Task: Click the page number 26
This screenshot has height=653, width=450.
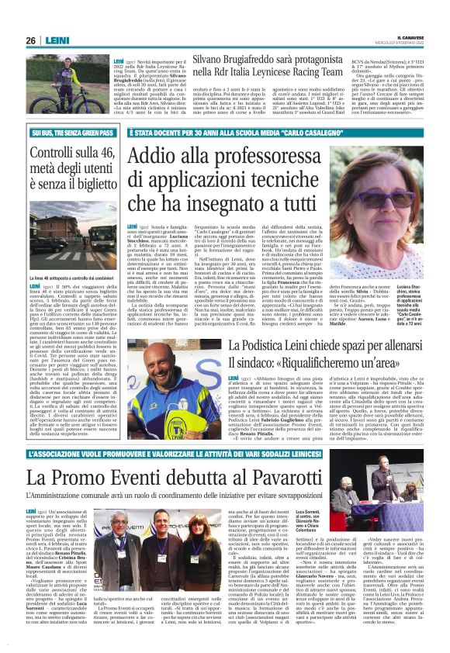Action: (x=30, y=40)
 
